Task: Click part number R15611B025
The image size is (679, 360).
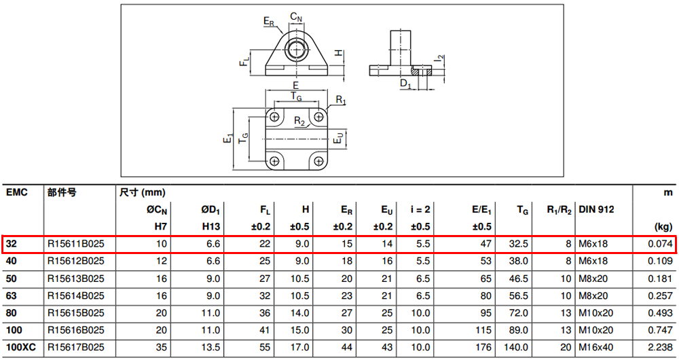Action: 76,244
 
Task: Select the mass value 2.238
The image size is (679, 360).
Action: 660,348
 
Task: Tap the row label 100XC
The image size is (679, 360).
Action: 21,348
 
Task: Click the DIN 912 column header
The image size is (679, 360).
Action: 596,210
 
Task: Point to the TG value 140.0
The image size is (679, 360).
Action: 516,348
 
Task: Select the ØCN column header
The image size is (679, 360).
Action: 157,210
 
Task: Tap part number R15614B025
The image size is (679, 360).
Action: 76,296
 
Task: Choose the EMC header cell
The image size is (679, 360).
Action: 17,192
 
